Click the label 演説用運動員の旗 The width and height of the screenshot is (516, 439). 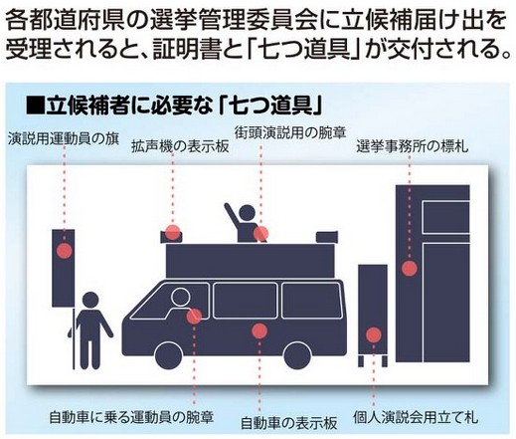tap(64, 138)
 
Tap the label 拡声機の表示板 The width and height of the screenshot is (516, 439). tap(180, 146)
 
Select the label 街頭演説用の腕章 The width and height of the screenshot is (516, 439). tap(290, 132)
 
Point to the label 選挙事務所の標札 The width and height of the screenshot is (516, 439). tap(413, 146)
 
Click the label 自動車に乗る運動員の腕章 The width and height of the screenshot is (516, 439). tap(131, 417)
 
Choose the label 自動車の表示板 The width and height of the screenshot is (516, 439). tap(288, 423)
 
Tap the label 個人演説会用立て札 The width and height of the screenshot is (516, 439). tap(416, 417)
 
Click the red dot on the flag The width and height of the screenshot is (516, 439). tap(65, 251)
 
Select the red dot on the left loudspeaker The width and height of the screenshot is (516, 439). tap(173, 232)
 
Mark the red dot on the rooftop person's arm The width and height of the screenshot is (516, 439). tap(261, 234)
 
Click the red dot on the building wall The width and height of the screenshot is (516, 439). tap(410, 269)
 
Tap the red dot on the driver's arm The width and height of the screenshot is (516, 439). tap(194, 317)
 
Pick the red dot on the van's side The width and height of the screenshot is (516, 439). tap(259, 330)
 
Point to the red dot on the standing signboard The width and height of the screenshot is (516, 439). tap(374, 335)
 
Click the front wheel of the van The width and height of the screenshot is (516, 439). tap(169, 356)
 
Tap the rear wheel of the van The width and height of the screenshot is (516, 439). tap(297, 356)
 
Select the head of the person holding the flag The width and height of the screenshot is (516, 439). tap(90, 301)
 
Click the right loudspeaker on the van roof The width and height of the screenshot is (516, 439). tap(327, 237)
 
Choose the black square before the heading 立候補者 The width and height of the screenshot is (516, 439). tap(35, 106)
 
